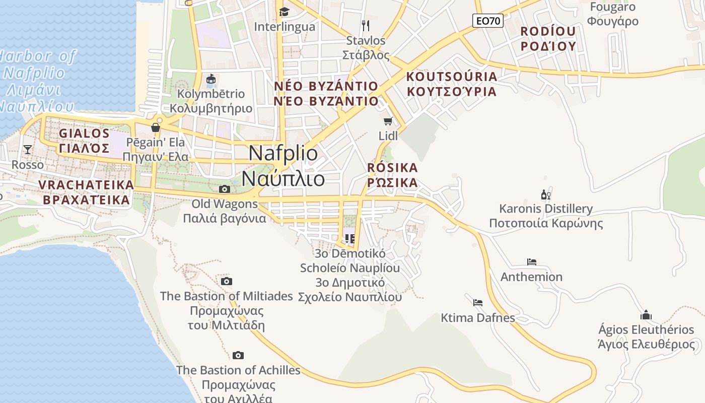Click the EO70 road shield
(488, 21)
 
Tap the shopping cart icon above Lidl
(388, 121)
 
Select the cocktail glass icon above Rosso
(28, 149)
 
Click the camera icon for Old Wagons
(225, 189)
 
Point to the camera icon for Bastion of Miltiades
(227, 281)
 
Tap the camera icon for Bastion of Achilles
(238, 355)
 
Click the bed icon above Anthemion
(531, 261)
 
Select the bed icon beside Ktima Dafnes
(478, 302)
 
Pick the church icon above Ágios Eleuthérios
(646, 315)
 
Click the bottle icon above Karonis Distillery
(545, 194)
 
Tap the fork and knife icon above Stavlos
(366, 25)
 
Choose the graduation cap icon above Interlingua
(285, 11)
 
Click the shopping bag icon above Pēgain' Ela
(156, 127)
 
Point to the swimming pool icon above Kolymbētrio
(211, 79)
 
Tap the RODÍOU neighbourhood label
(548, 31)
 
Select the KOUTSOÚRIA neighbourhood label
(452, 77)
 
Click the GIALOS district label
(84, 133)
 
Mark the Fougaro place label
(612, 7)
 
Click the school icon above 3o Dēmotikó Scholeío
(349, 238)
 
